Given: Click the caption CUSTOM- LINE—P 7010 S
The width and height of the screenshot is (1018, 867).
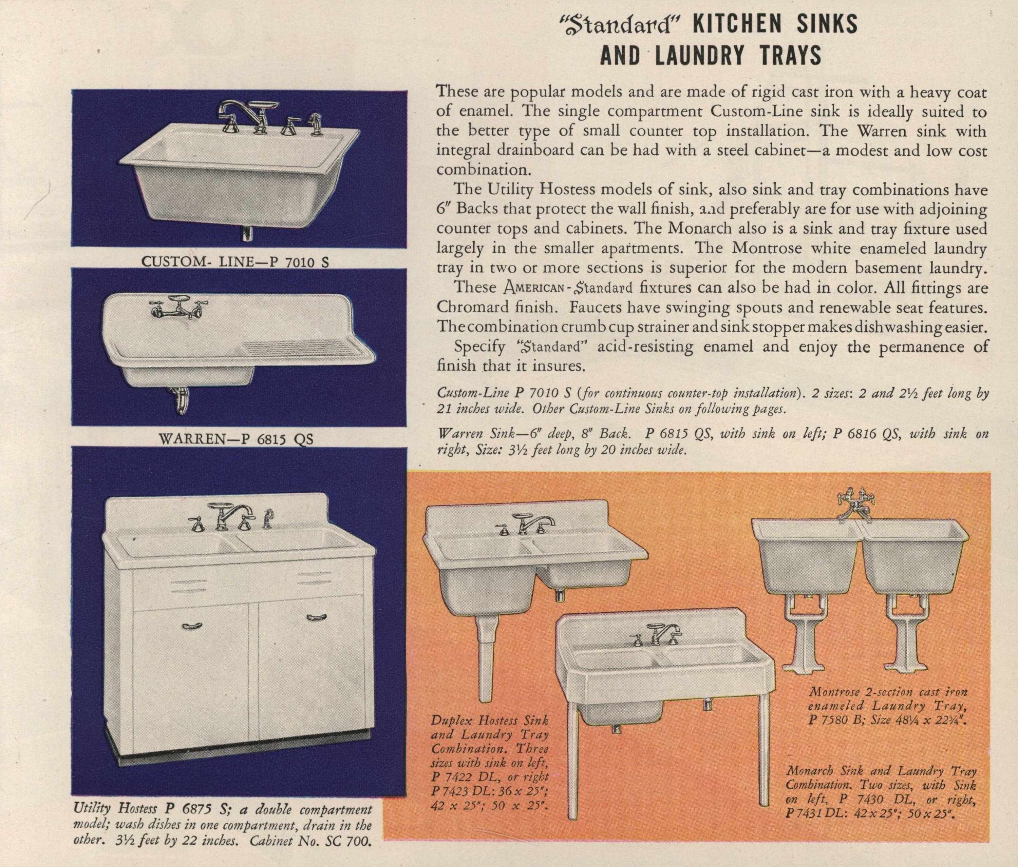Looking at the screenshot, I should pyautogui.click(x=235, y=261).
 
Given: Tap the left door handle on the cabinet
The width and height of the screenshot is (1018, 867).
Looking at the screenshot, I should pyautogui.click(x=191, y=625).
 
